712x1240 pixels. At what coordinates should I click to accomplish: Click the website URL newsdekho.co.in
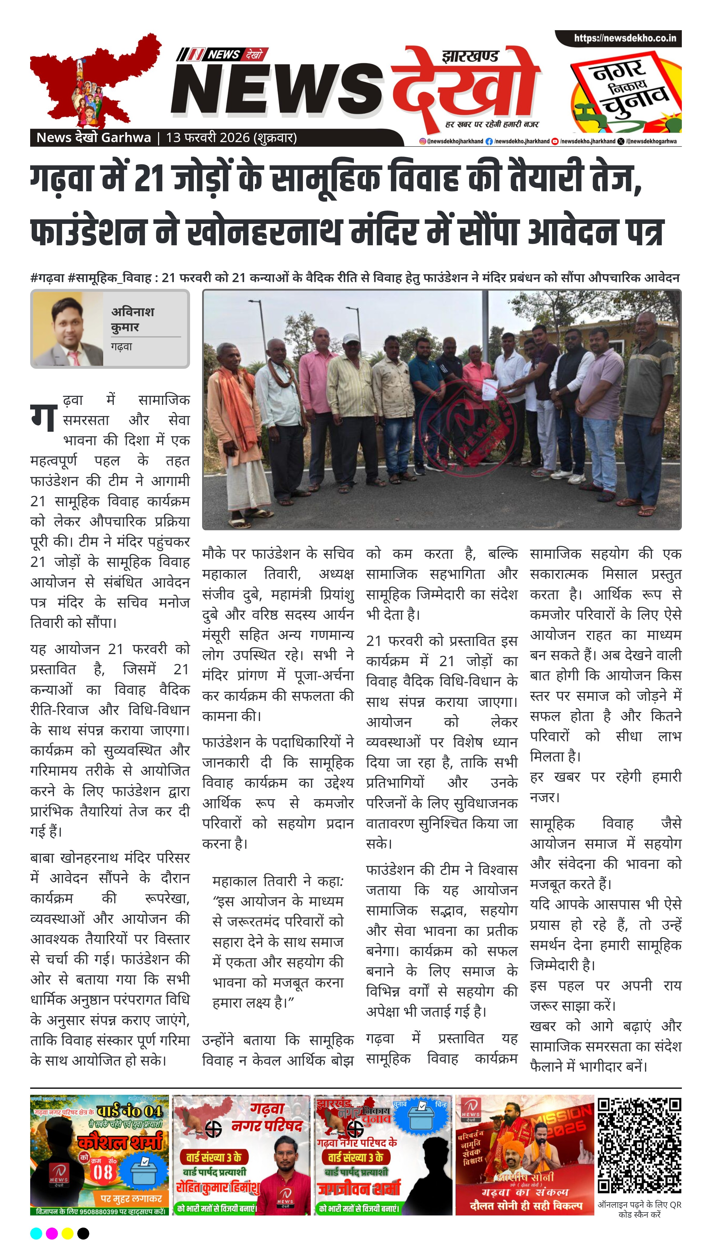coord(625,38)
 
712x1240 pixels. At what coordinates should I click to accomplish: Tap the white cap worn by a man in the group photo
coord(351,338)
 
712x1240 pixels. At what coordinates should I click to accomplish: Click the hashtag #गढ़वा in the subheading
coord(47,278)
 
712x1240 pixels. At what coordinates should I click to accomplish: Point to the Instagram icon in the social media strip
coord(422,141)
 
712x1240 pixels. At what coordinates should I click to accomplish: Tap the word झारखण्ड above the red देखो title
coord(470,56)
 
